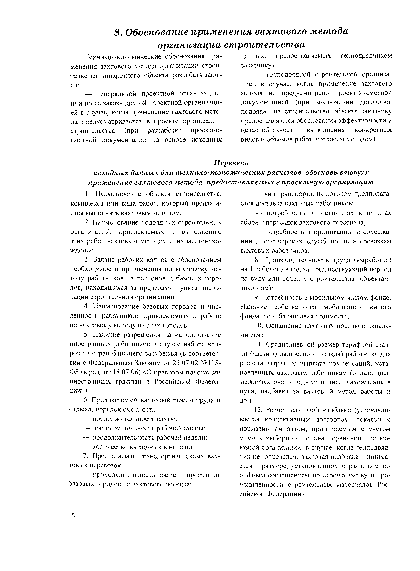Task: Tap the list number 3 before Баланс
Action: tap(87, 260)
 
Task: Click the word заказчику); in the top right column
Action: tap(258, 65)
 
